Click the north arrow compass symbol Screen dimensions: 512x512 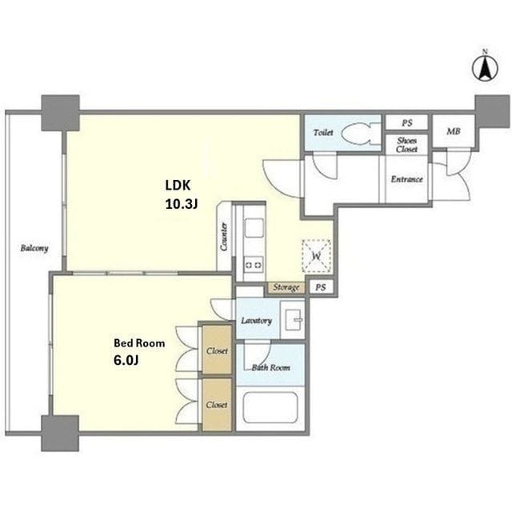click(486, 67)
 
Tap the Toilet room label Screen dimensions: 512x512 click(323, 133)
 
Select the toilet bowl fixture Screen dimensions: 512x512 click(361, 134)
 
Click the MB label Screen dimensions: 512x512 click(454, 131)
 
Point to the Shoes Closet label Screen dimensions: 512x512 click(407, 145)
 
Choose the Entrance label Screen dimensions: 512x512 click(407, 179)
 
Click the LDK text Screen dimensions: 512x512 click(178, 185)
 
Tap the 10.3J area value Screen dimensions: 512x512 click(182, 204)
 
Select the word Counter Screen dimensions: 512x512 click(224, 237)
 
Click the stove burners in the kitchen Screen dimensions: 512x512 click(254, 265)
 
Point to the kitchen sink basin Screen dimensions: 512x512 click(254, 227)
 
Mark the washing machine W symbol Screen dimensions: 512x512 click(317, 256)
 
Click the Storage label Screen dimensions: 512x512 click(286, 287)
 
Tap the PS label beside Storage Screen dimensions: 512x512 click(321, 287)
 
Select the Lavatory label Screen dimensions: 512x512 click(257, 321)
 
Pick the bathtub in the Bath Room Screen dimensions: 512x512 click(270, 407)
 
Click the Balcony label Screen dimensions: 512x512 click(34, 248)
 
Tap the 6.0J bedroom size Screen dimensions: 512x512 click(126, 360)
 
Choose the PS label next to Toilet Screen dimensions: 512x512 click(407, 122)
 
